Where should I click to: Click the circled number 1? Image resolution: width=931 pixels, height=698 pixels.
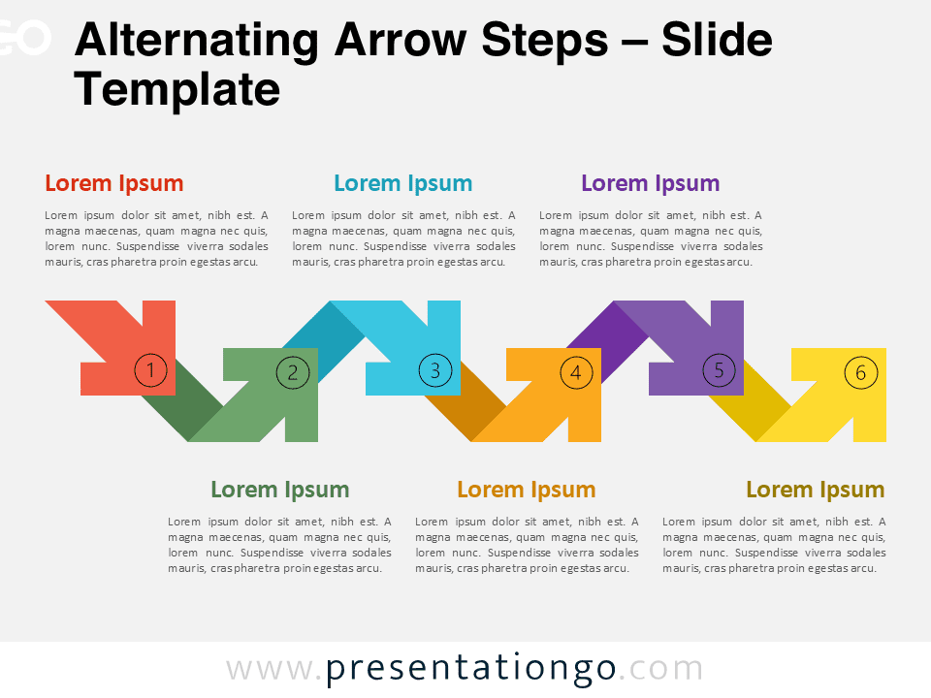pos(150,370)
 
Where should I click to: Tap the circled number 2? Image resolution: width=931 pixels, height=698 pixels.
pos(293,372)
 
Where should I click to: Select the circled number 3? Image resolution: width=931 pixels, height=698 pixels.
pos(435,370)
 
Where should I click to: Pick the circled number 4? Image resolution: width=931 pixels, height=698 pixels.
pos(576,372)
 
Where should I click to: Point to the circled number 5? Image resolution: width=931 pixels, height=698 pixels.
pos(719,370)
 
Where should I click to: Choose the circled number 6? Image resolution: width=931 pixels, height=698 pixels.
pos(861,372)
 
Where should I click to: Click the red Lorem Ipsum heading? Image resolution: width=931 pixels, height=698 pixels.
pos(114,183)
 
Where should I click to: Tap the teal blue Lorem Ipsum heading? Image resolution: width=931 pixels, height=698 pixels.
pos(403,183)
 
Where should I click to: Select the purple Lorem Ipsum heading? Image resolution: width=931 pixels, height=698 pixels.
pos(650,183)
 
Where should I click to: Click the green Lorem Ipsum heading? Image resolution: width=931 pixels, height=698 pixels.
pos(279,490)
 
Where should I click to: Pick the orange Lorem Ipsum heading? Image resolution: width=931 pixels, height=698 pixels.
pos(526,490)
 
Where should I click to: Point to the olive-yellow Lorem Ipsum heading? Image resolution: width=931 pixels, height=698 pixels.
pos(816,490)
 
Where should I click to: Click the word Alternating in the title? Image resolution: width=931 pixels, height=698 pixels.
pos(197,42)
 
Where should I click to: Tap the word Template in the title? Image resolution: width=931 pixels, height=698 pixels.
pos(177,90)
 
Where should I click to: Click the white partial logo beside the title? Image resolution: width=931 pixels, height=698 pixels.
pos(25,37)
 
